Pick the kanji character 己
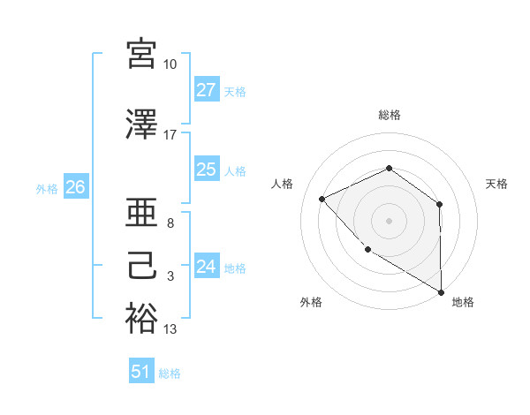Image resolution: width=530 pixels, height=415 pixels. (141, 267)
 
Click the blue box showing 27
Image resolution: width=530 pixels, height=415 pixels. (207, 90)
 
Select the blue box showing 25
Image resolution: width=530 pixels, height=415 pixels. (207, 170)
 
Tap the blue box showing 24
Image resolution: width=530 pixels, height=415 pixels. (207, 267)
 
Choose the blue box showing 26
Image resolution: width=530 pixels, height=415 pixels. (76, 187)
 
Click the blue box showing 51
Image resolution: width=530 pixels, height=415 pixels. (141, 372)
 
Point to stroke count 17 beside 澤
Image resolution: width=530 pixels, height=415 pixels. (170, 135)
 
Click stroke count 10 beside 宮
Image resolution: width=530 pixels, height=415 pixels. (170, 64)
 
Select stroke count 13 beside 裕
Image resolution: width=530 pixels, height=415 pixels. (170, 329)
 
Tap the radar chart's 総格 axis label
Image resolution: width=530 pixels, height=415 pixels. (390, 115)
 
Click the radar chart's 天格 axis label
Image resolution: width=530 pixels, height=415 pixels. (496, 184)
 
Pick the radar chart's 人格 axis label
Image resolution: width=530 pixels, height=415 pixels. (282, 184)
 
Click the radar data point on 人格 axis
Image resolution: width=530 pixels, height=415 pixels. (322, 199)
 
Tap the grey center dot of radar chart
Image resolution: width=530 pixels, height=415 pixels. (389, 220)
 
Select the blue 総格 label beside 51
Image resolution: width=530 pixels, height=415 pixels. (170, 373)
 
